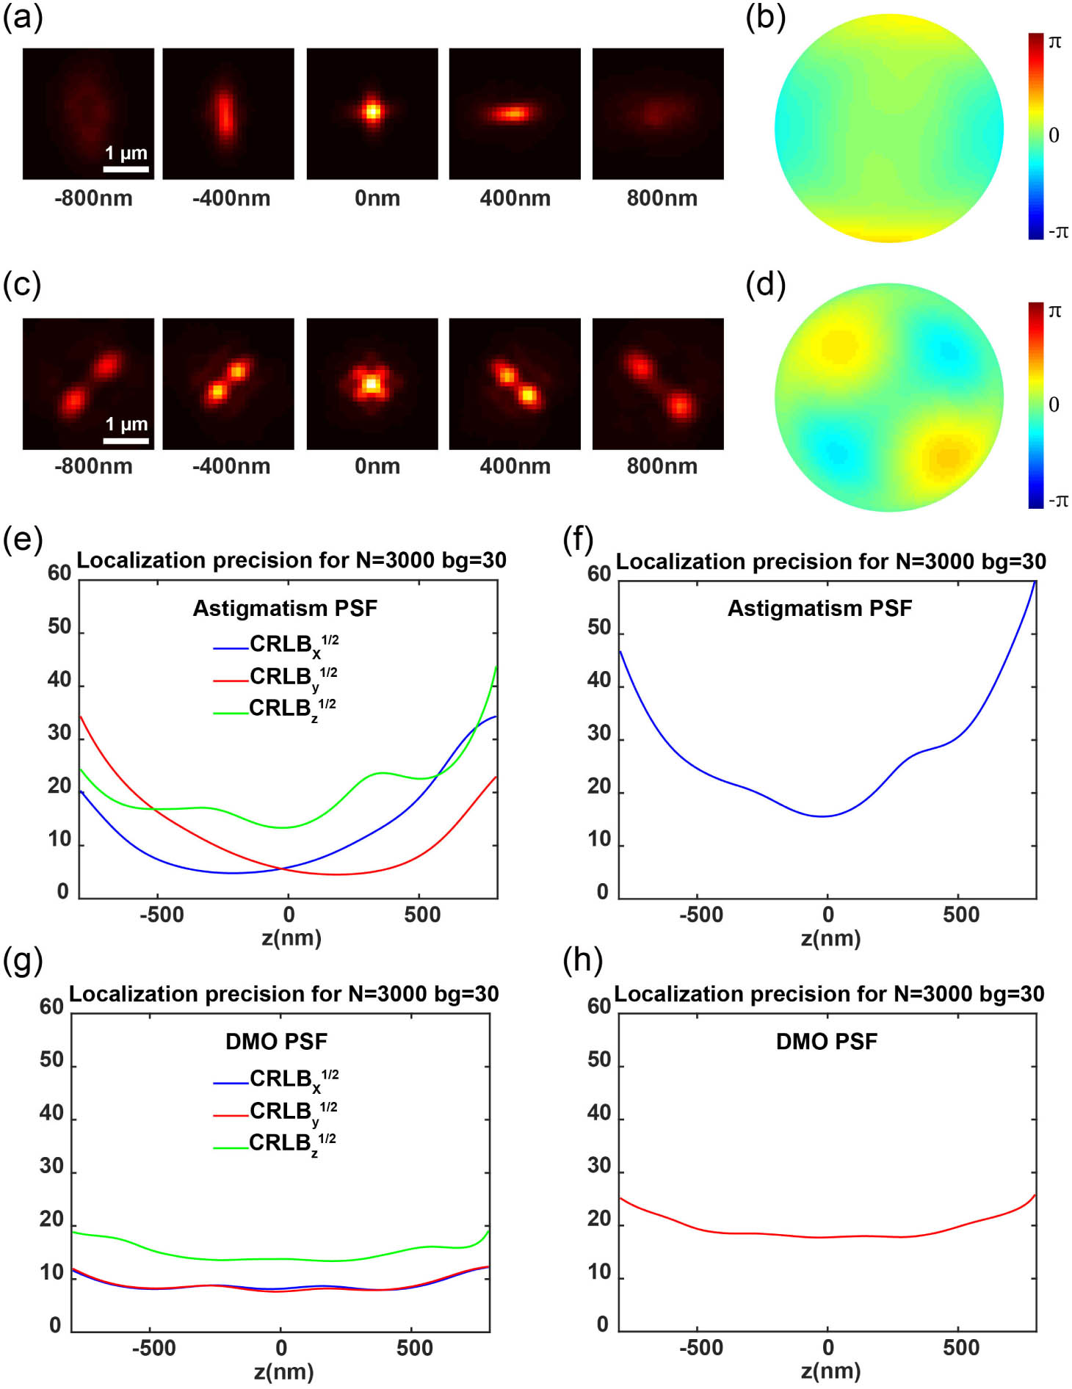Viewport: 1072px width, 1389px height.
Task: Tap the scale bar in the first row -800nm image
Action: coord(126,169)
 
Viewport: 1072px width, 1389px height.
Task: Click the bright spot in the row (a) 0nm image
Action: coord(372,112)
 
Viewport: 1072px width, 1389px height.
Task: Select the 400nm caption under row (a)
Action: coord(515,198)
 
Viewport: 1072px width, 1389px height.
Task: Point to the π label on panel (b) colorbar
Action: coord(1054,42)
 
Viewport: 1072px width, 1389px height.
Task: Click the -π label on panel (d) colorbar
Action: coord(1057,501)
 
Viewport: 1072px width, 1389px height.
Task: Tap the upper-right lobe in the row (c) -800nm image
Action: coord(106,364)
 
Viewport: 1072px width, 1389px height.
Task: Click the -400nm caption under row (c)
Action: coord(231,466)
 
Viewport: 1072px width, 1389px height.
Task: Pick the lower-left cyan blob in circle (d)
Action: coord(835,450)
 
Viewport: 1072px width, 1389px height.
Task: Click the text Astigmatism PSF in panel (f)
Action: coord(819,608)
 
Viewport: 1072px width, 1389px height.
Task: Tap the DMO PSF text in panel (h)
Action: coord(826,1041)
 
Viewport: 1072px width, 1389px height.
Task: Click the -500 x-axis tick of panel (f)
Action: coord(700,915)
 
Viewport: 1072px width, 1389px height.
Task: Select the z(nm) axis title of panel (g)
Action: coord(283,1371)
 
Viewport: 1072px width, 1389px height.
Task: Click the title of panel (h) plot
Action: coord(828,994)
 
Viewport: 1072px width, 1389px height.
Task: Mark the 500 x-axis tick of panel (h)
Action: coord(960,1348)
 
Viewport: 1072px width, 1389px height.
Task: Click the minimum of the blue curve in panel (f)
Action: coord(824,816)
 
